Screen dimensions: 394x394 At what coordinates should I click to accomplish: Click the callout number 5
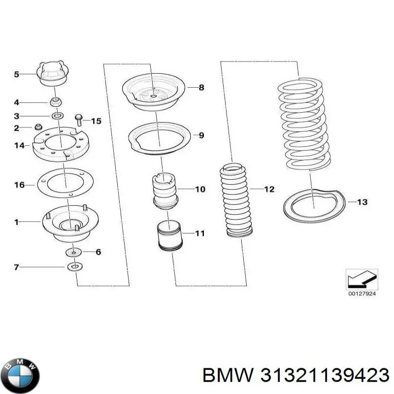click(16, 74)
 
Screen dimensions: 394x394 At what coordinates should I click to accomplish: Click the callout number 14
click(19, 145)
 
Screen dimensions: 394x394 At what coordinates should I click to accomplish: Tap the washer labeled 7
click(74, 267)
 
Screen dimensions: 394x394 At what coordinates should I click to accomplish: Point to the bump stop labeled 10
click(165, 191)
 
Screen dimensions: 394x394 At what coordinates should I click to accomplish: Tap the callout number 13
click(362, 202)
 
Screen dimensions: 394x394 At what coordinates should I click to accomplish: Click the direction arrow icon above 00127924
click(361, 279)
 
